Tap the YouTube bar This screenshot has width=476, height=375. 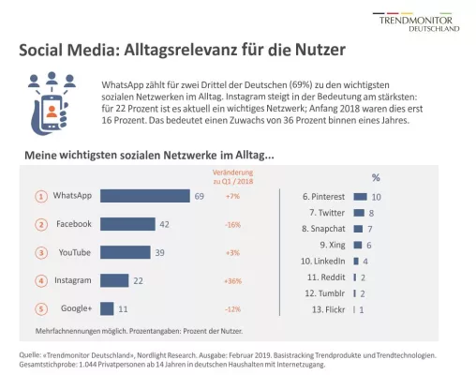(126, 252)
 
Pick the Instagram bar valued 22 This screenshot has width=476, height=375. (113, 280)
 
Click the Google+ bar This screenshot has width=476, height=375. (107, 308)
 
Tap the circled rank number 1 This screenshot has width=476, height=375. (41, 196)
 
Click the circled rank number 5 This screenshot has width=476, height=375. (41, 308)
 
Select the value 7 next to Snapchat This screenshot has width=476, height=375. (370, 228)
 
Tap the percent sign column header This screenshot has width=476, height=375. (376, 176)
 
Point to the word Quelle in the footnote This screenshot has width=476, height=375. (31, 354)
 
